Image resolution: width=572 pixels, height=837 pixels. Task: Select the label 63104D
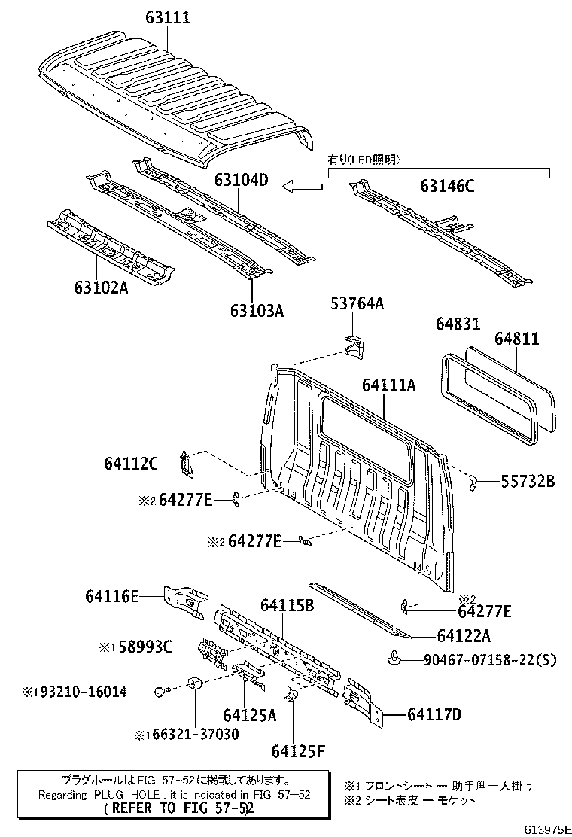point(241,181)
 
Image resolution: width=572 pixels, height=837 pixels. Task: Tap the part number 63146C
point(447,187)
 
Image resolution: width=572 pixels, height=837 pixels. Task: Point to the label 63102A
point(101,287)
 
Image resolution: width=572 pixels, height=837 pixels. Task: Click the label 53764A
point(357,303)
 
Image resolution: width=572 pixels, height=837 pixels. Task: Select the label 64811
point(516,339)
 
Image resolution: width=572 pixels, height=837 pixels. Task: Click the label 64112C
point(131,464)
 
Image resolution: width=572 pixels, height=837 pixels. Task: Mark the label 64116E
point(112,597)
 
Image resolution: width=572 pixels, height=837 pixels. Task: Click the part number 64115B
point(287,604)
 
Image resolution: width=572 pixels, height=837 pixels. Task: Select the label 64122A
point(463,636)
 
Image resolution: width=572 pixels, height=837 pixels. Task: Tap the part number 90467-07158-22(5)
point(490,661)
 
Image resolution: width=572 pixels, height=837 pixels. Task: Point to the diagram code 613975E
point(542,829)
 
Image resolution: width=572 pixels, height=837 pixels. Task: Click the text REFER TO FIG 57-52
point(179,808)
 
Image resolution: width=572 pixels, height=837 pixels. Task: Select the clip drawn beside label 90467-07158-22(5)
point(394,659)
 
